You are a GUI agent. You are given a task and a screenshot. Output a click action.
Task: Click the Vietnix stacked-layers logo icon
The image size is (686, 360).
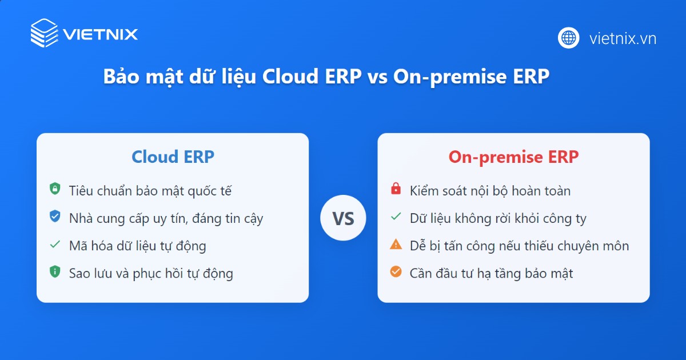tap(45, 33)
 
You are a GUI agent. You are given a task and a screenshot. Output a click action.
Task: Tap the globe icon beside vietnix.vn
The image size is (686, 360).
tap(569, 38)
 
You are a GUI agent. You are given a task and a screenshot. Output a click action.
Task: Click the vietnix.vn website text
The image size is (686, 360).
tap(623, 38)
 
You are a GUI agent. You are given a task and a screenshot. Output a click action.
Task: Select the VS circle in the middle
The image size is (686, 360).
tap(343, 218)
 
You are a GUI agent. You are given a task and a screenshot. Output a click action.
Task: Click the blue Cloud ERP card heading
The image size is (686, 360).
tap(173, 157)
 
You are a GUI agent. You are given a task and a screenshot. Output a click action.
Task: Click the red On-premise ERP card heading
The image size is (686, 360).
tap(513, 157)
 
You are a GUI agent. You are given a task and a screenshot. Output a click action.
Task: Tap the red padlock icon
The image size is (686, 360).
tap(396, 189)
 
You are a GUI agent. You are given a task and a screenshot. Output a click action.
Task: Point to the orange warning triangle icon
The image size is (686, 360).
tap(396, 245)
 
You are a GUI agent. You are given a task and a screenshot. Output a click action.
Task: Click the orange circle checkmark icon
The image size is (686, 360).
tap(396, 272)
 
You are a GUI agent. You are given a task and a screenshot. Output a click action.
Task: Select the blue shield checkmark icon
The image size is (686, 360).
tap(55, 217)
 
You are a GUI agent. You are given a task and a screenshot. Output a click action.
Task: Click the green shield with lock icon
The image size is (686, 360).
tap(55, 189)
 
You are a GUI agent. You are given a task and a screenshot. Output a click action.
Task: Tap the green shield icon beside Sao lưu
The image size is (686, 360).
tap(55, 272)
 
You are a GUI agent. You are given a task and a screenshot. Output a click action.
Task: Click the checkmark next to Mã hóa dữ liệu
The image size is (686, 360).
tap(55, 245)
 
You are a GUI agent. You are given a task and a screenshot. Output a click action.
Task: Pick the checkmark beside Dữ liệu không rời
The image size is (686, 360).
tap(396, 217)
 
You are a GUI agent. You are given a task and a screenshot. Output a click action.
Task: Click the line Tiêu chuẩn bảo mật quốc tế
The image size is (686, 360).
tap(150, 190)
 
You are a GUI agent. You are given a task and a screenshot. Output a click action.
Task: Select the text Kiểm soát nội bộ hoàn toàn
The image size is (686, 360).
tap(490, 190)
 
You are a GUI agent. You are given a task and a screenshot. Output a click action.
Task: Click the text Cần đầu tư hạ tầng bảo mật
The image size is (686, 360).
tap(491, 273)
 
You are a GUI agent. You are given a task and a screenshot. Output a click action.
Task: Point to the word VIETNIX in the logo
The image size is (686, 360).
tap(101, 34)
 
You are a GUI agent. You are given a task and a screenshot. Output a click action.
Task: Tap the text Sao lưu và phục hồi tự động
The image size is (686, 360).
tap(151, 273)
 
